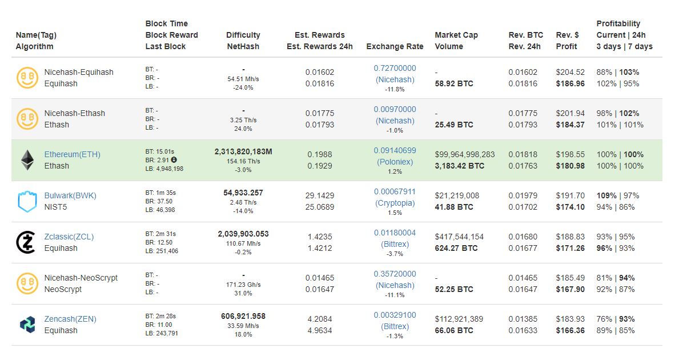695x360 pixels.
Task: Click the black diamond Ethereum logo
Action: tap(27, 160)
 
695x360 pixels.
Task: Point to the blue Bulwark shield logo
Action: tap(27, 201)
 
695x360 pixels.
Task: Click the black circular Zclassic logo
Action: tap(26, 242)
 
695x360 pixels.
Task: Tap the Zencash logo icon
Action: tap(27, 325)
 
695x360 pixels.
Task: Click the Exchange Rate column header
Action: tap(395, 46)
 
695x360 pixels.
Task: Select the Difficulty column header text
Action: tap(243, 35)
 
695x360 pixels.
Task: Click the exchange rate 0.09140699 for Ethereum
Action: tap(395, 150)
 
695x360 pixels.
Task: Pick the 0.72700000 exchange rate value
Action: tap(395, 68)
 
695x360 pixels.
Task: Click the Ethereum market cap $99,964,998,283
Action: tap(464, 154)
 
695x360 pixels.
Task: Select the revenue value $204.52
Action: tap(570, 72)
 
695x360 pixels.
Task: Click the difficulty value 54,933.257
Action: tap(243, 193)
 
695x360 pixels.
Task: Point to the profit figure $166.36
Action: tap(570, 330)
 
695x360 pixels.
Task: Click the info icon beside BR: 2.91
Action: tap(174, 159)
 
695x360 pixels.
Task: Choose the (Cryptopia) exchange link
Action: tap(395, 203)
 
